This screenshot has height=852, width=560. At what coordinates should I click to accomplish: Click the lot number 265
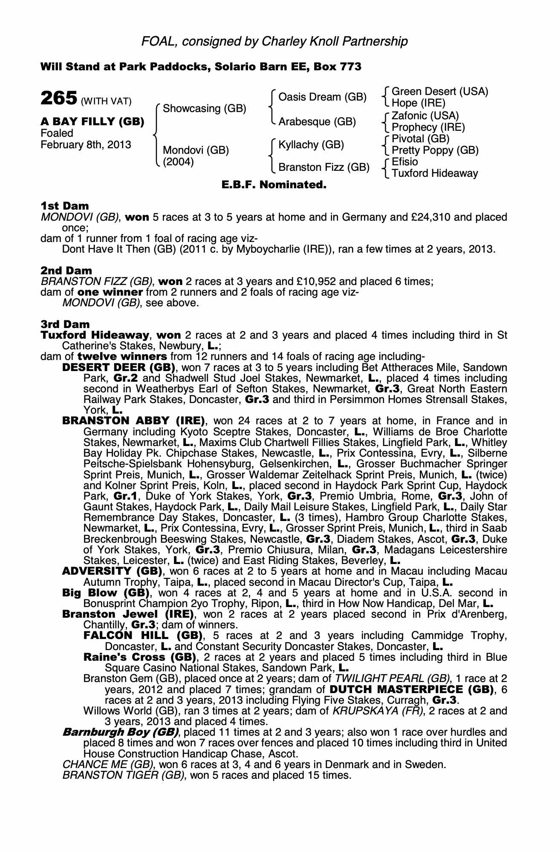pyautogui.click(x=59, y=98)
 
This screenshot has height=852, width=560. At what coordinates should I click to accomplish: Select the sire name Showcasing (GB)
pyautogui.click(x=205, y=109)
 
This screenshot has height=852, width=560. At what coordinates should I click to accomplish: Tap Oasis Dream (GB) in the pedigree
pyautogui.click(x=322, y=97)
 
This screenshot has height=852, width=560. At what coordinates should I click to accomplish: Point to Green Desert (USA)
pyautogui.click(x=440, y=92)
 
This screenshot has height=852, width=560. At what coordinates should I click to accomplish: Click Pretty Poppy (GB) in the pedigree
pyautogui.click(x=435, y=150)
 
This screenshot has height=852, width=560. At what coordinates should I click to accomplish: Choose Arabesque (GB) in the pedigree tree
pyautogui.click(x=317, y=122)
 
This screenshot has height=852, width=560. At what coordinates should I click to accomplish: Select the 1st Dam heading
pyautogui.click(x=65, y=206)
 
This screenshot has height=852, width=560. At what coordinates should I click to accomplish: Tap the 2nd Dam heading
pyautogui.click(x=66, y=271)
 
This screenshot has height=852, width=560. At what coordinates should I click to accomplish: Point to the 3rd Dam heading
pyautogui.click(x=65, y=325)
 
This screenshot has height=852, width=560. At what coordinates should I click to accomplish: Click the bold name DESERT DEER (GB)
pyautogui.click(x=118, y=368)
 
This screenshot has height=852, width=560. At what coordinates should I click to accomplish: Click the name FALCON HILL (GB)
pyautogui.click(x=143, y=636)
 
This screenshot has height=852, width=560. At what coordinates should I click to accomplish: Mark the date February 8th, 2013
pyautogui.click(x=86, y=145)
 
